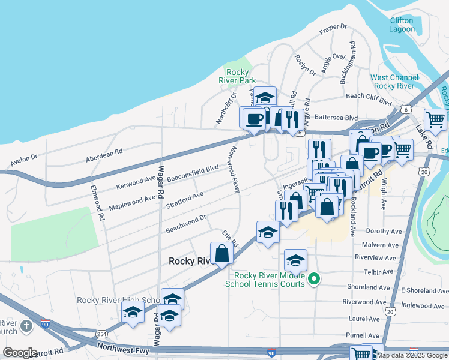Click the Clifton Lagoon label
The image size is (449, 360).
(x=401, y=25)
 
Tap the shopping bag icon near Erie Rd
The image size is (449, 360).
(x=221, y=253)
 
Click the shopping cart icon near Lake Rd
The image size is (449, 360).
(x=435, y=119)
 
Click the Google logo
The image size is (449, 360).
(x=20, y=353)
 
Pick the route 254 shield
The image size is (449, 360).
(x=101, y=333)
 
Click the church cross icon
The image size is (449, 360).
(x=26, y=326)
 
